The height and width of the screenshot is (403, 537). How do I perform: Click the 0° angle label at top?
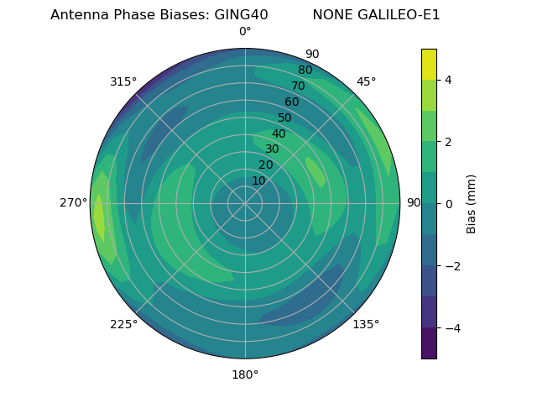click(x=245, y=32)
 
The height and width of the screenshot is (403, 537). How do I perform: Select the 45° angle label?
click(x=366, y=81)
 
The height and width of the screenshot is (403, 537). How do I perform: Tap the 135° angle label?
click(x=366, y=324)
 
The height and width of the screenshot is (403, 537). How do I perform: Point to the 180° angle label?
click(x=245, y=374)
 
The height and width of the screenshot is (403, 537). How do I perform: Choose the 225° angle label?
click(x=123, y=324)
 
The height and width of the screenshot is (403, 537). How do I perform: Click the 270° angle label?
click(x=74, y=202)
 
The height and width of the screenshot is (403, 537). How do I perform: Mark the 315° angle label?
click(x=123, y=81)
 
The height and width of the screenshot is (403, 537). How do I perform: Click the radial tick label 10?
click(x=258, y=181)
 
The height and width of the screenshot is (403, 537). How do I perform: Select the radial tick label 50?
click(x=285, y=118)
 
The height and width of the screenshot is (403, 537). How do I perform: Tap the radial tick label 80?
click(x=305, y=70)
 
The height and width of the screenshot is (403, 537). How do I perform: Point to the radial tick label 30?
click(x=272, y=149)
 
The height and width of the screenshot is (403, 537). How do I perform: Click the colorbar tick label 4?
click(x=448, y=80)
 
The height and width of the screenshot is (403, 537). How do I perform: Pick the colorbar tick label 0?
click(x=448, y=203)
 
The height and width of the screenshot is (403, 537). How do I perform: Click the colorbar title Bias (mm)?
click(x=472, y=203)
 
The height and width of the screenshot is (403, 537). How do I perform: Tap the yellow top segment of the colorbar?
click(x=429, y=64)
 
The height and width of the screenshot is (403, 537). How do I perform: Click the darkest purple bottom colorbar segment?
click(x=429, y=343)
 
